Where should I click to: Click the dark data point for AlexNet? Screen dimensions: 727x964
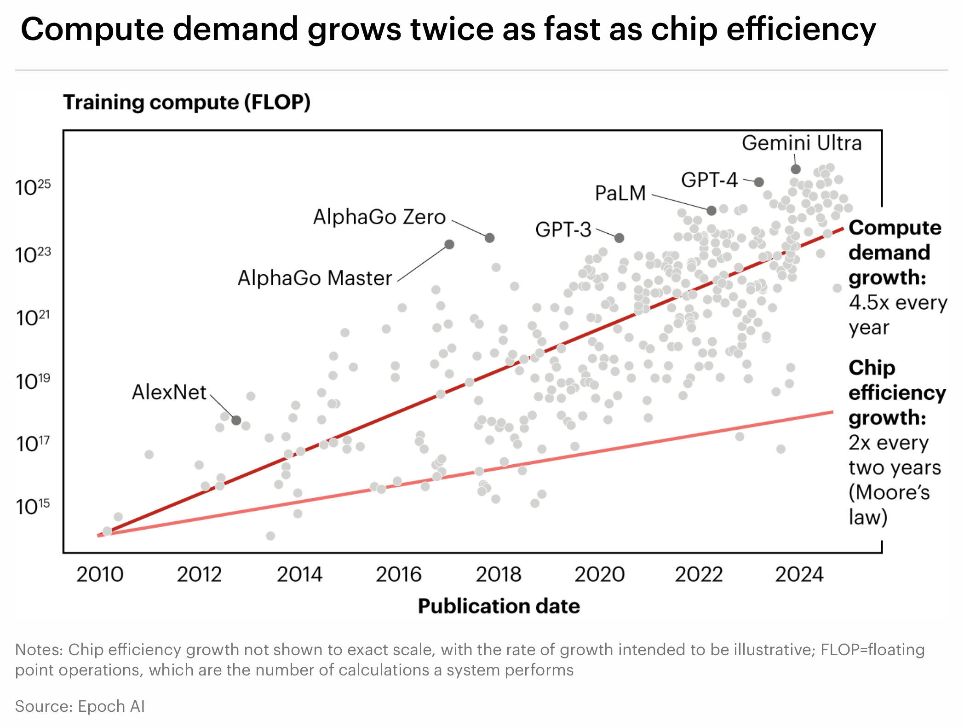(236, 420)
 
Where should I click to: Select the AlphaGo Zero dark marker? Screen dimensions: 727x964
(490, 238)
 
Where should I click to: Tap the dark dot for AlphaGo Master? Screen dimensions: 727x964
(449, 244)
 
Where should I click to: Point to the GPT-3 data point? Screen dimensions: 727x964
(620, 238)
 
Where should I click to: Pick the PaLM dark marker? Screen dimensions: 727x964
(712, 210)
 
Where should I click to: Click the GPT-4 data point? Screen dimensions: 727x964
(759, 182)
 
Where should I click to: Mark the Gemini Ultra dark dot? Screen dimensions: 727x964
(796, 169)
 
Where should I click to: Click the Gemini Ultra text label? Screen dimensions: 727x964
(802, 143)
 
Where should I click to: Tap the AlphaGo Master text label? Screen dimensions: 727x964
(315, 278)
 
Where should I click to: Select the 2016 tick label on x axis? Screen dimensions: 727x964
(399, 574)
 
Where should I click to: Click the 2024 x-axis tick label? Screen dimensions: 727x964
(799, 574)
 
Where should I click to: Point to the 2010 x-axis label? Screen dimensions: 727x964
(100, 574)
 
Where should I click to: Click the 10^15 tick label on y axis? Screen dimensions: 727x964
(33, 507)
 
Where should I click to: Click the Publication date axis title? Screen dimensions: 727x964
(499, 606)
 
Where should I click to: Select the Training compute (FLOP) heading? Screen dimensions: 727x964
(187, 102)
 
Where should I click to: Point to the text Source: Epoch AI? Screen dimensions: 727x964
(80, 706)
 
